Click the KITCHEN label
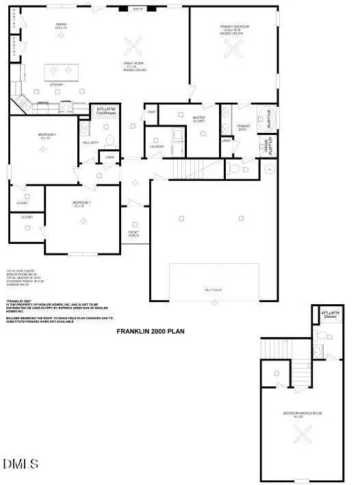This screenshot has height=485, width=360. pos(56,85)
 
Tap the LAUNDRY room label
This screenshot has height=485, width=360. pos(157,147)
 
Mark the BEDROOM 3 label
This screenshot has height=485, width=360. pos(46,136)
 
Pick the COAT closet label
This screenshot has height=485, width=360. pos(151,112)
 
